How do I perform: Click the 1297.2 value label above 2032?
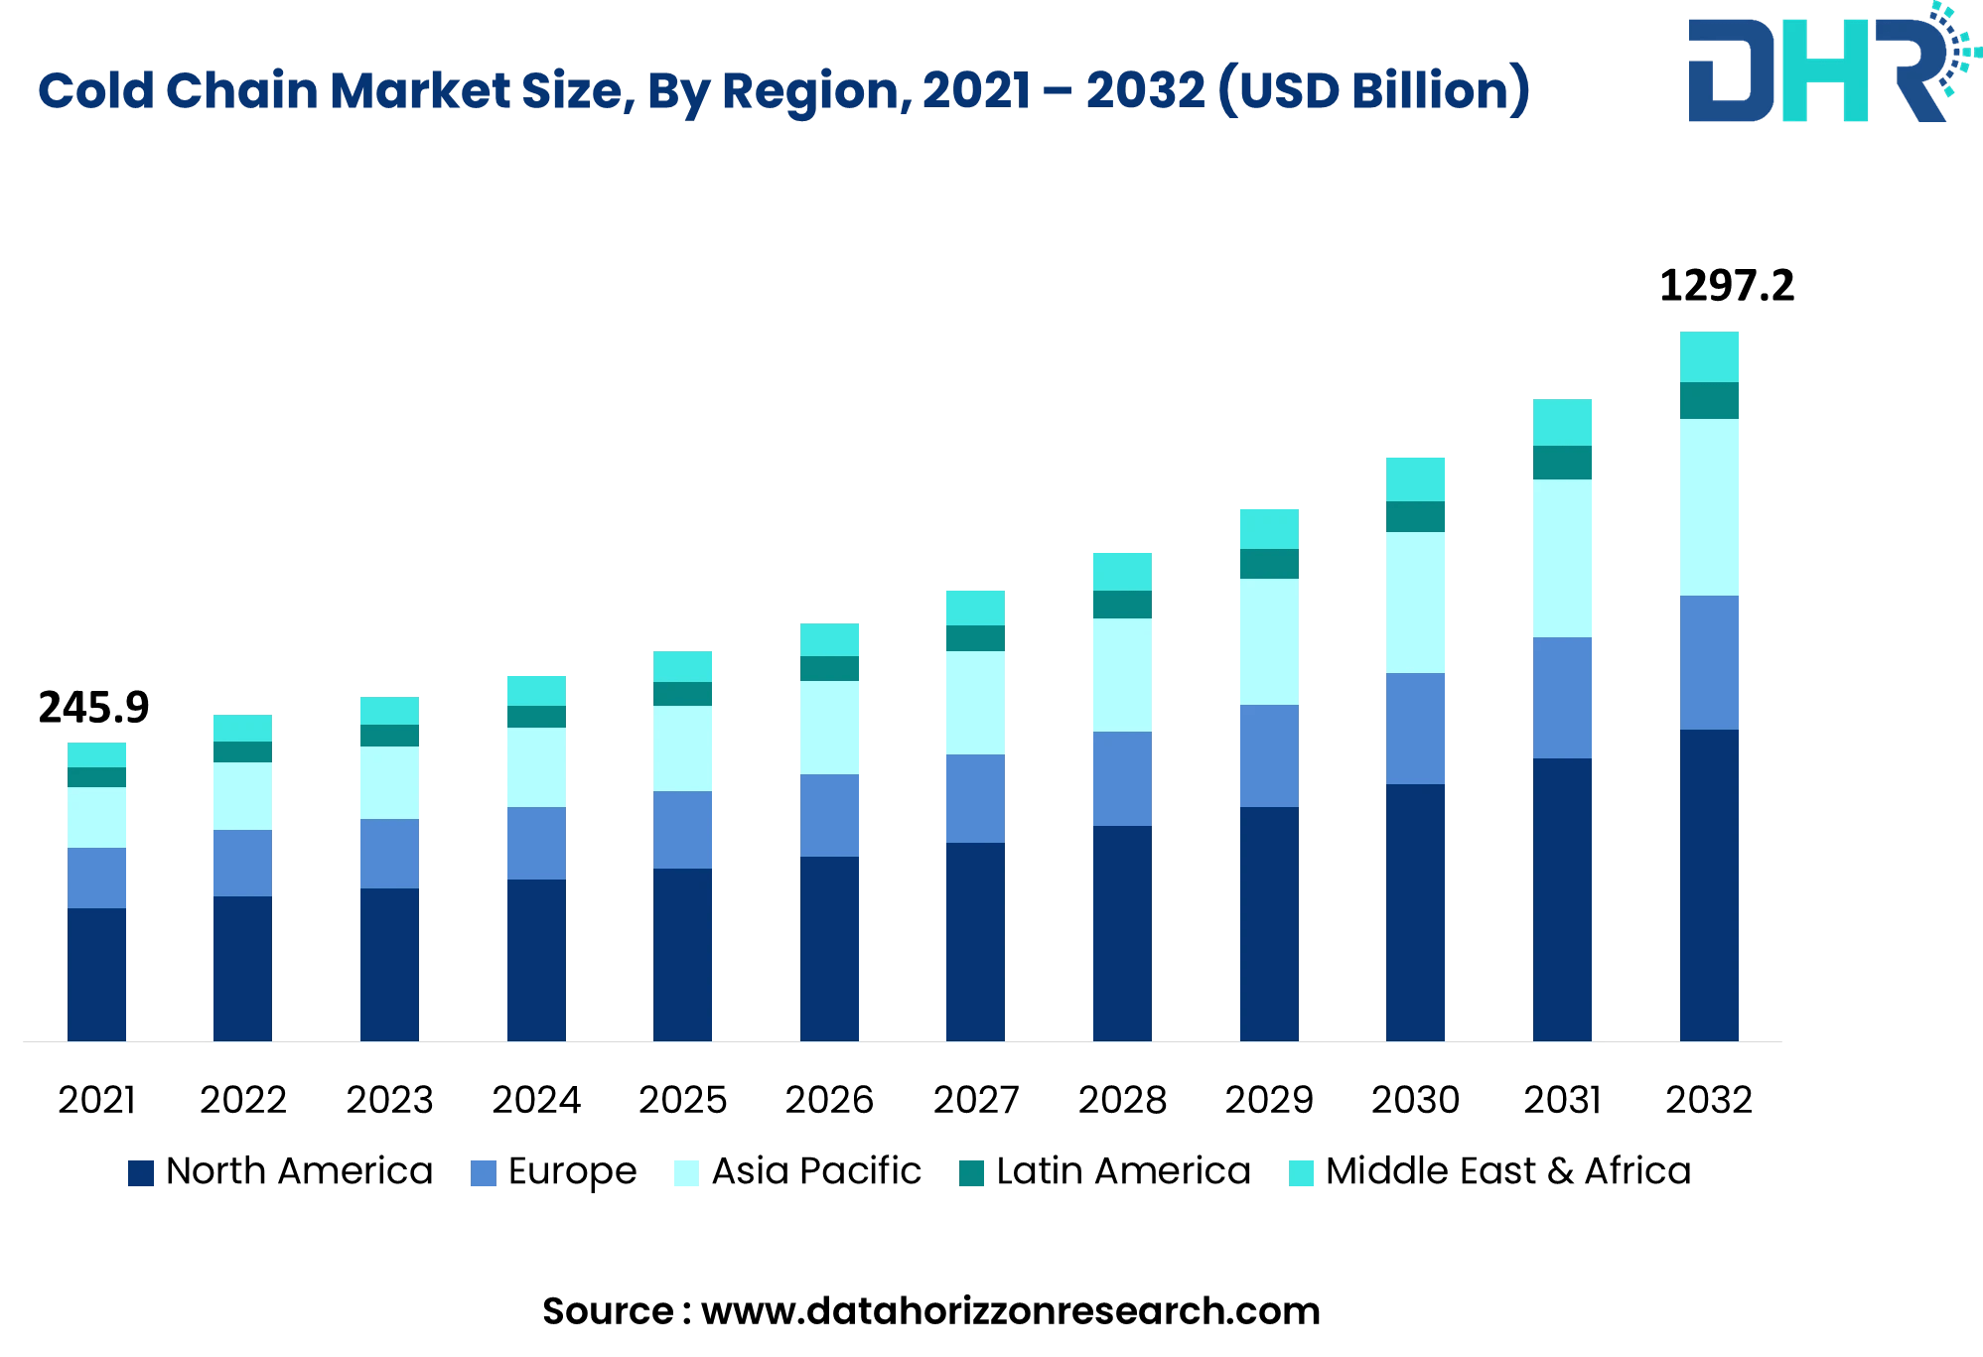pos(1726,287)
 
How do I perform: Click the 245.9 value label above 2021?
pos(93,708)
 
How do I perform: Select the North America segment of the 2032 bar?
pos(1708,884)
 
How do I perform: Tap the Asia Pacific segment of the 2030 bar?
pos(1415,602)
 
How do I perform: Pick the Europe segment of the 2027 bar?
pos(975,798)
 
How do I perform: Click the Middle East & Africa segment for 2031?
pos(1562,422)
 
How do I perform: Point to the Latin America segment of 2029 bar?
pos(1268,563)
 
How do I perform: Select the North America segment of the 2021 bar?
pos(96,974)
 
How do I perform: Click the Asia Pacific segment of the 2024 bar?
pos(536,766)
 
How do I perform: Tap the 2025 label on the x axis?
pos(682,1100)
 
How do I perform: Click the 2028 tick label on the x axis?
pos(1122,1100)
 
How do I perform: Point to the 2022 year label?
pos(242,1100)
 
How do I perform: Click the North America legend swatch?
pos(141,1173)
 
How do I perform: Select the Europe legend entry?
pos(571,1171)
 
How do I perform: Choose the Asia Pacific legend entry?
pos(815,1171)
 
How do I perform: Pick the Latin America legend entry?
pos(1122,1171)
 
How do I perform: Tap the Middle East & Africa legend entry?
pos(1506,1171)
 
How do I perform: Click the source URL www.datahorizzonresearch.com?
pos(1010,1311)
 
